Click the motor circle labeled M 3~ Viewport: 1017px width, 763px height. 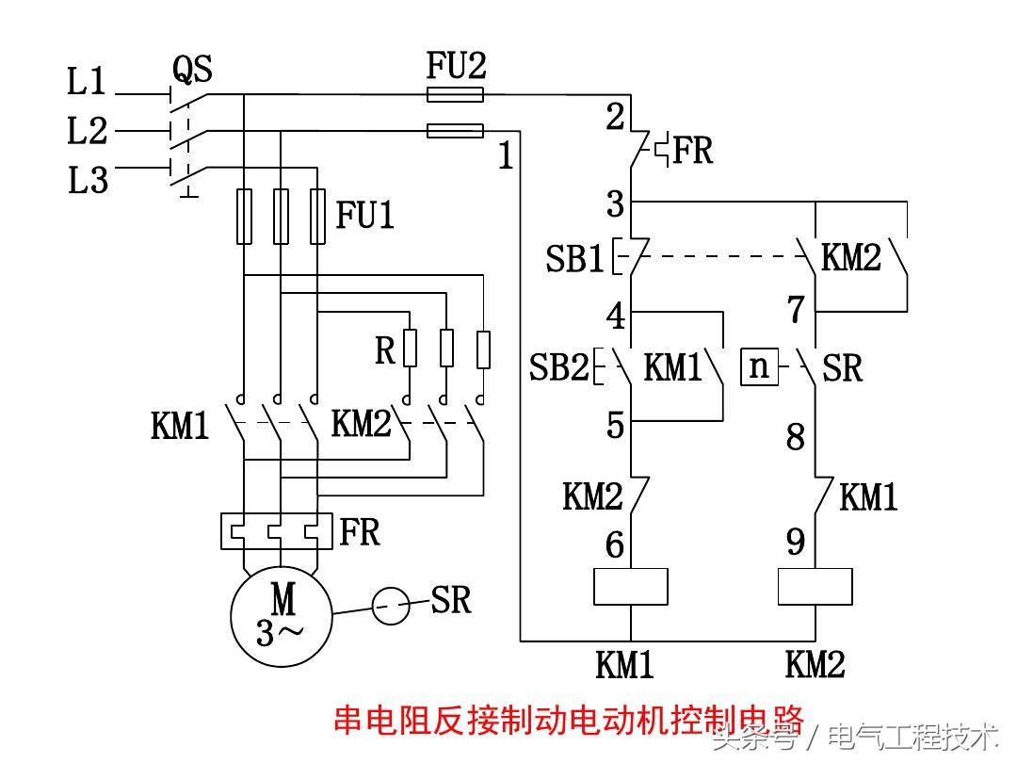[x=282, y=613]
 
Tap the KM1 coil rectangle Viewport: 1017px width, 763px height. [x=630, y=587]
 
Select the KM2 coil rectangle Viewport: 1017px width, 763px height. [x=815, y=587]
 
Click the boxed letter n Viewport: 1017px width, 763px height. [x=760, y=366]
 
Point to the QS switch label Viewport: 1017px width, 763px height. [x=192, y=69]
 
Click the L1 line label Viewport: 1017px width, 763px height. [x=88, y=83]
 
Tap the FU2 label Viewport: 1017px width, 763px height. [x=456, y=66]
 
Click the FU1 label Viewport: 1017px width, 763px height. [x=365, y=217]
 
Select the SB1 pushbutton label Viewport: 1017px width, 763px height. [x=574, y=259]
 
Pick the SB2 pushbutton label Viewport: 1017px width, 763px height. [x=559, y=367]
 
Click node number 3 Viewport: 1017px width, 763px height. [x=615, y=203]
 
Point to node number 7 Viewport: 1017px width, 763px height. [x=796, y=308]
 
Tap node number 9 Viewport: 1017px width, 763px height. [x=796, y=543]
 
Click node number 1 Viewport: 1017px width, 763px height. [x=506, y=156]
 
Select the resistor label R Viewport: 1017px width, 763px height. [x=385, y=350]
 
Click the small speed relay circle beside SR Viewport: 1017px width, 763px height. [x=391, y=606]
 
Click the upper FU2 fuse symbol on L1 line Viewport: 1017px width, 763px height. [x=456, y=93]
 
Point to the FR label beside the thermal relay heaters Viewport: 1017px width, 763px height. [x=360, y=532]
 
